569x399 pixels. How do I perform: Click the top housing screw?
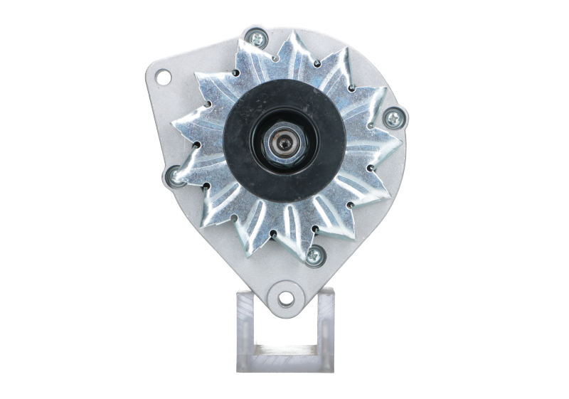click(x=254, y=36)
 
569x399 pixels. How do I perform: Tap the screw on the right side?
click(x=393, y=115)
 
